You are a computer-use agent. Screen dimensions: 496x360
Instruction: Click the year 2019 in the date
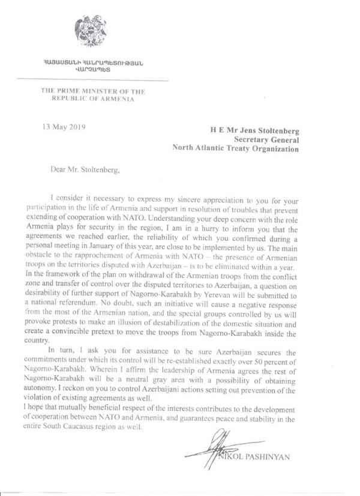coord(77,127)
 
